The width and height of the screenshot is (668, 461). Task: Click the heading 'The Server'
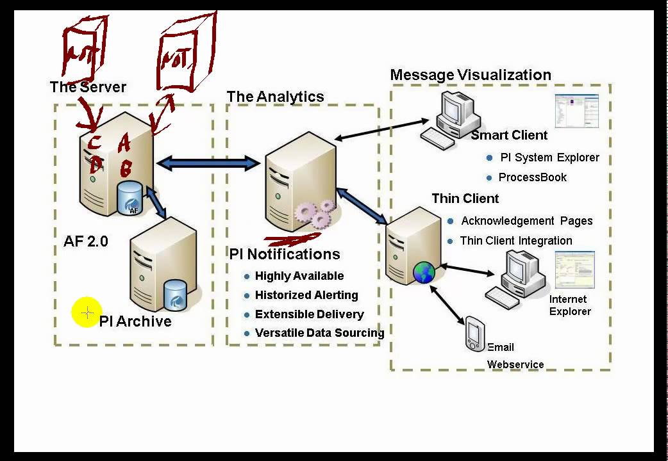(88, 87)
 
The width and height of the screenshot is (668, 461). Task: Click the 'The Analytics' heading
(275, 97)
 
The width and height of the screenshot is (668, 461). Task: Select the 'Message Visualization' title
(470, 75)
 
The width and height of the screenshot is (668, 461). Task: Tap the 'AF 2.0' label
(86, 241)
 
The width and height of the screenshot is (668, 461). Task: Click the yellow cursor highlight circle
(87, 313)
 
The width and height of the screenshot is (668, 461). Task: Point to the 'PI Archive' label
(135, 321)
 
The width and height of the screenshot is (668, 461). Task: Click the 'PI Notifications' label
(285, 254)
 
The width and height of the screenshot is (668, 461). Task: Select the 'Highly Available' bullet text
(299, 276)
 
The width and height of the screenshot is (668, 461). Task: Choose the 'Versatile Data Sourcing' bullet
(319, 333)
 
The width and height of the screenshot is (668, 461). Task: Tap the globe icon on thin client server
(424, 272)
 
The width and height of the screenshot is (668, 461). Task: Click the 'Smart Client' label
(509, 135)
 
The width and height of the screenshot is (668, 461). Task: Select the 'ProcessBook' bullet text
(532, 177)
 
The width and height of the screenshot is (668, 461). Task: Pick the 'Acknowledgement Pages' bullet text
(526, 221)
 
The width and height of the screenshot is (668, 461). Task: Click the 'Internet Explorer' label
(569, 305)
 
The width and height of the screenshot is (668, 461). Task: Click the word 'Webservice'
(515, 364)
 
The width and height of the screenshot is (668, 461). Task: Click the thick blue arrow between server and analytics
(208, 163)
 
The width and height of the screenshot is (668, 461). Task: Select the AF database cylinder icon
(131, 198)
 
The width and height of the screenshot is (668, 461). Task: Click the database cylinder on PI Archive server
(176, 295)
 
